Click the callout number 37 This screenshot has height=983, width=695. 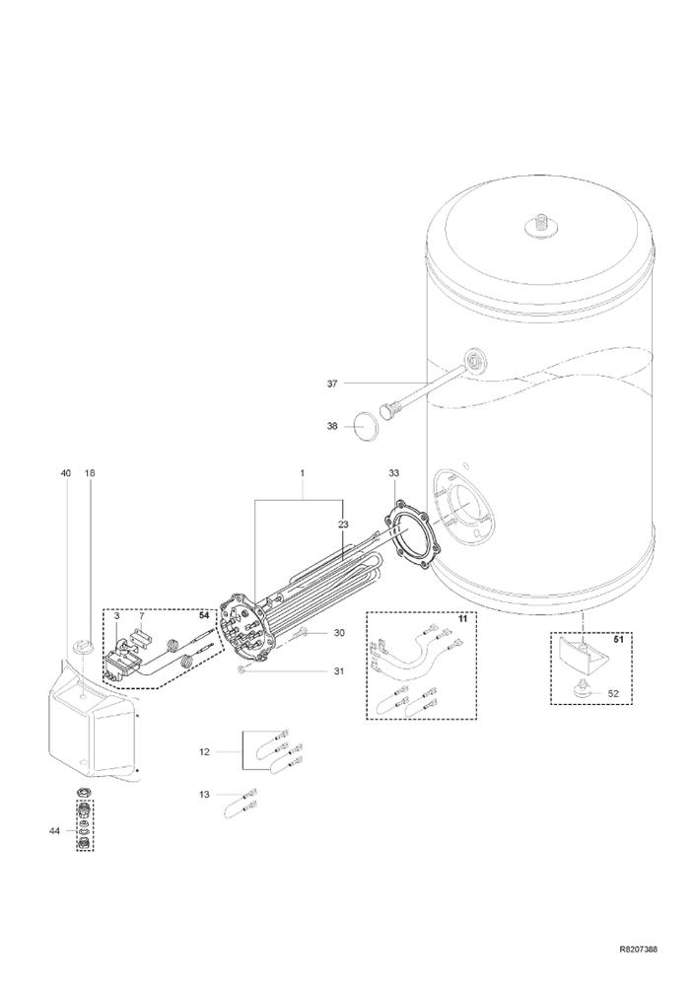coord(332,383)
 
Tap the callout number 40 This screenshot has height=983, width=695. coord(66,473)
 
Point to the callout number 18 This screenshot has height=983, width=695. coord(90,473)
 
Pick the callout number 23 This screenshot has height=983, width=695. coord(343,524)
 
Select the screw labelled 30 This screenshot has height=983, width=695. coord(303,632)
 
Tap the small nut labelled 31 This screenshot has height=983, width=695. coord(242,670)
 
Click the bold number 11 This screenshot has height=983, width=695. coord(463,619)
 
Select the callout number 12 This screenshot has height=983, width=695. coord(205,751)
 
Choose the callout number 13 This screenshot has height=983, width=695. coord(205,795)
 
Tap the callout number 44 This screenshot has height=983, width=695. coord(54,830)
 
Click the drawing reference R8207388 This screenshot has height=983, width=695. coord(637,949)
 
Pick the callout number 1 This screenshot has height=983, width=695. coord(302,473)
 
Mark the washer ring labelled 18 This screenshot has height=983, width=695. coord(80,644)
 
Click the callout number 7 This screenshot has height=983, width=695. coord(142,617)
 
